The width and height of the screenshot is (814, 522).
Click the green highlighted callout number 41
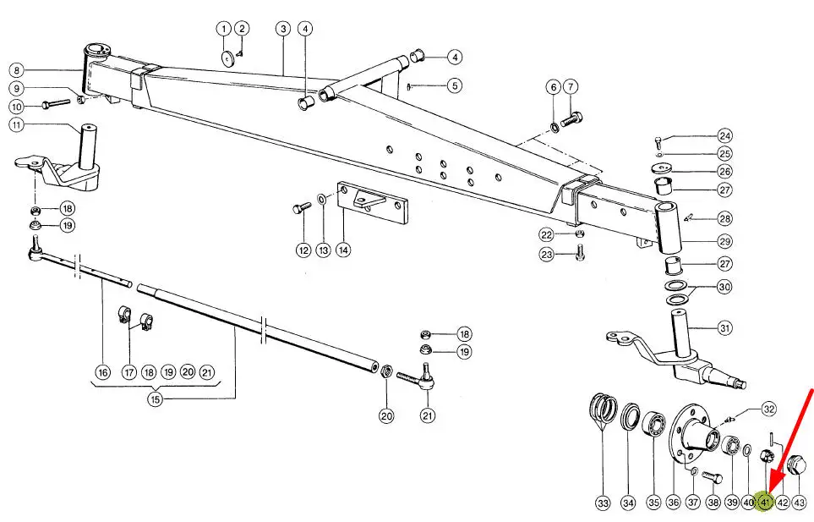click(765, 502)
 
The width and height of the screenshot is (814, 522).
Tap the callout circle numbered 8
click(17, 70)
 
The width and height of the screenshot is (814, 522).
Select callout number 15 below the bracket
click(155, 399)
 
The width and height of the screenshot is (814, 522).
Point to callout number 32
click(768, 409)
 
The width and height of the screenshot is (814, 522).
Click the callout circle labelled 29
click(724, 241)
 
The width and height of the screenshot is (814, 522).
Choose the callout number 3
click(283, 29)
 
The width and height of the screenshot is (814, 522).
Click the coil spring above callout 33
click(604, 409)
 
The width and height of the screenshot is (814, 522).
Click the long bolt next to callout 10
click(56, 104)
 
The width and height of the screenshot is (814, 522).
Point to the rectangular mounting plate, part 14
click(372, 202)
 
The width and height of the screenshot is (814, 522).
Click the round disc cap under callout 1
click(227, 58)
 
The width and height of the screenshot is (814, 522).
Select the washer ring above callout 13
click(322, 199)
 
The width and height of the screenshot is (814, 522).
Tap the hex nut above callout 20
click(386, 372)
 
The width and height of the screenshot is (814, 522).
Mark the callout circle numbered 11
click(17, 124)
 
